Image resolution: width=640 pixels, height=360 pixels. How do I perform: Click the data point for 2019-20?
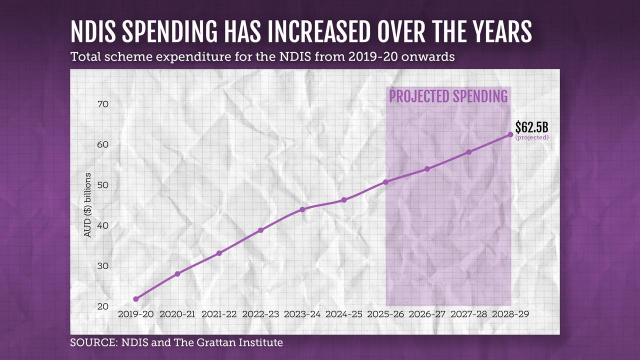tap(136, 299)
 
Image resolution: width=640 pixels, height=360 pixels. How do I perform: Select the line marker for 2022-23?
tap(260, 230)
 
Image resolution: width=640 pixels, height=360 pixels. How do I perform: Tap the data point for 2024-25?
tap(344, 200)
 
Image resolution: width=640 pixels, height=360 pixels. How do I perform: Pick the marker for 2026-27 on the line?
tap(427, 169)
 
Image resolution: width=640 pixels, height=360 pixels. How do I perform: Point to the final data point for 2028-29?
tap(510, 134)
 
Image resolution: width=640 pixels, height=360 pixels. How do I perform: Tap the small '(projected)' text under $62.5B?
tap(531, 137)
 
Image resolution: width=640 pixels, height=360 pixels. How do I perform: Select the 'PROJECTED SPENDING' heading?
tap(448, 96)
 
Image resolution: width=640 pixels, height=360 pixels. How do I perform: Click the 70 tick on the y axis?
tap(103, 104)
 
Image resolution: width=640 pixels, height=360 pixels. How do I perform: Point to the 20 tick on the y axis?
tap(103, 306)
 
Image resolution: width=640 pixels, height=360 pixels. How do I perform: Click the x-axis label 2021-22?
tap(219, 314)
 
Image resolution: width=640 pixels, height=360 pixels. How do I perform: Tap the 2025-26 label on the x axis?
tap(385, 314)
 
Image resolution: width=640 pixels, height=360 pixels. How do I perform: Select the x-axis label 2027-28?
tap(468, 314)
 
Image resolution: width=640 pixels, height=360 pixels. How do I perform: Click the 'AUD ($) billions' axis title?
tap(87, 205)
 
